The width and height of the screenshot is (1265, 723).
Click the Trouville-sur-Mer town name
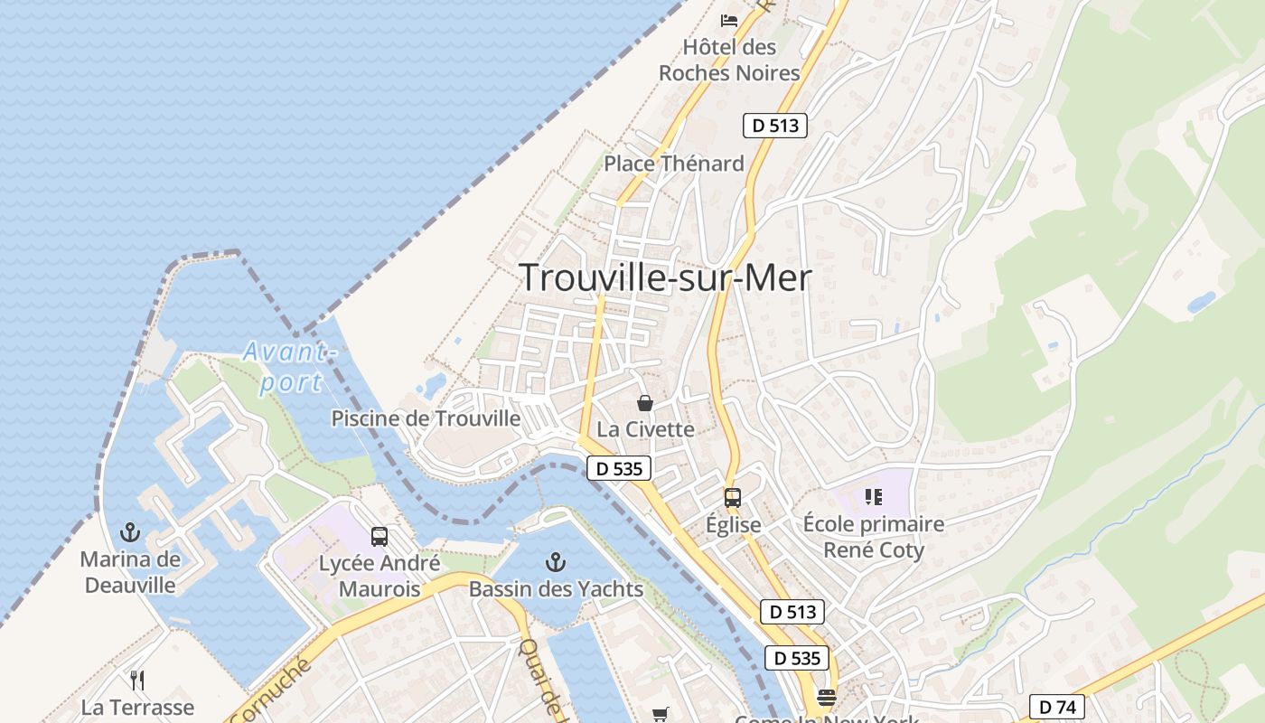pos(666,277)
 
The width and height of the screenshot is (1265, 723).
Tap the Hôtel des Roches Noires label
pos(729,60)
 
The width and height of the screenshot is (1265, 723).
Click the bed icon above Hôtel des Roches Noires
pos(729,20)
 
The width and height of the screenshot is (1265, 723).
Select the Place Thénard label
pos(674,164)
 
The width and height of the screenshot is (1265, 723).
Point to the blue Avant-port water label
pos(289,366)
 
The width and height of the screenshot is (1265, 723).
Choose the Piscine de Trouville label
pos(426,418)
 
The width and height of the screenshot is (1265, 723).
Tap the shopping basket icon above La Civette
pos(645,402)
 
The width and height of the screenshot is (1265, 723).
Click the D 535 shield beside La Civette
pos(619,468)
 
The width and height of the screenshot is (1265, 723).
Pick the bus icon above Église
pos(733,497)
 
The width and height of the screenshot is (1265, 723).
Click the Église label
pos(733,525)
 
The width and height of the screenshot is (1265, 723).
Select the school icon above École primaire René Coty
pos(873,496)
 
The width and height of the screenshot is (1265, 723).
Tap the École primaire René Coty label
pos(873,537)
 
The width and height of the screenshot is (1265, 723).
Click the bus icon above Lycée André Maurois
pos(379,536)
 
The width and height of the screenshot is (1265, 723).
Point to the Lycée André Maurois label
pos(379,577)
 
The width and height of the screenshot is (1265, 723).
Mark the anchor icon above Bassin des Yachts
pos(556,563)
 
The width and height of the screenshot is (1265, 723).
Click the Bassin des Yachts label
pos(556,589)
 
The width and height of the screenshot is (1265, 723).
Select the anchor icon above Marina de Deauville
pos(131,531)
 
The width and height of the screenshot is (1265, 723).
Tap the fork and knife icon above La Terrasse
pos(137,679)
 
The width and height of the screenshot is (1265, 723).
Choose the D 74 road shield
pos(1057,706)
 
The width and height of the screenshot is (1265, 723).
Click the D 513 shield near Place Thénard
pos(774,126)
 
